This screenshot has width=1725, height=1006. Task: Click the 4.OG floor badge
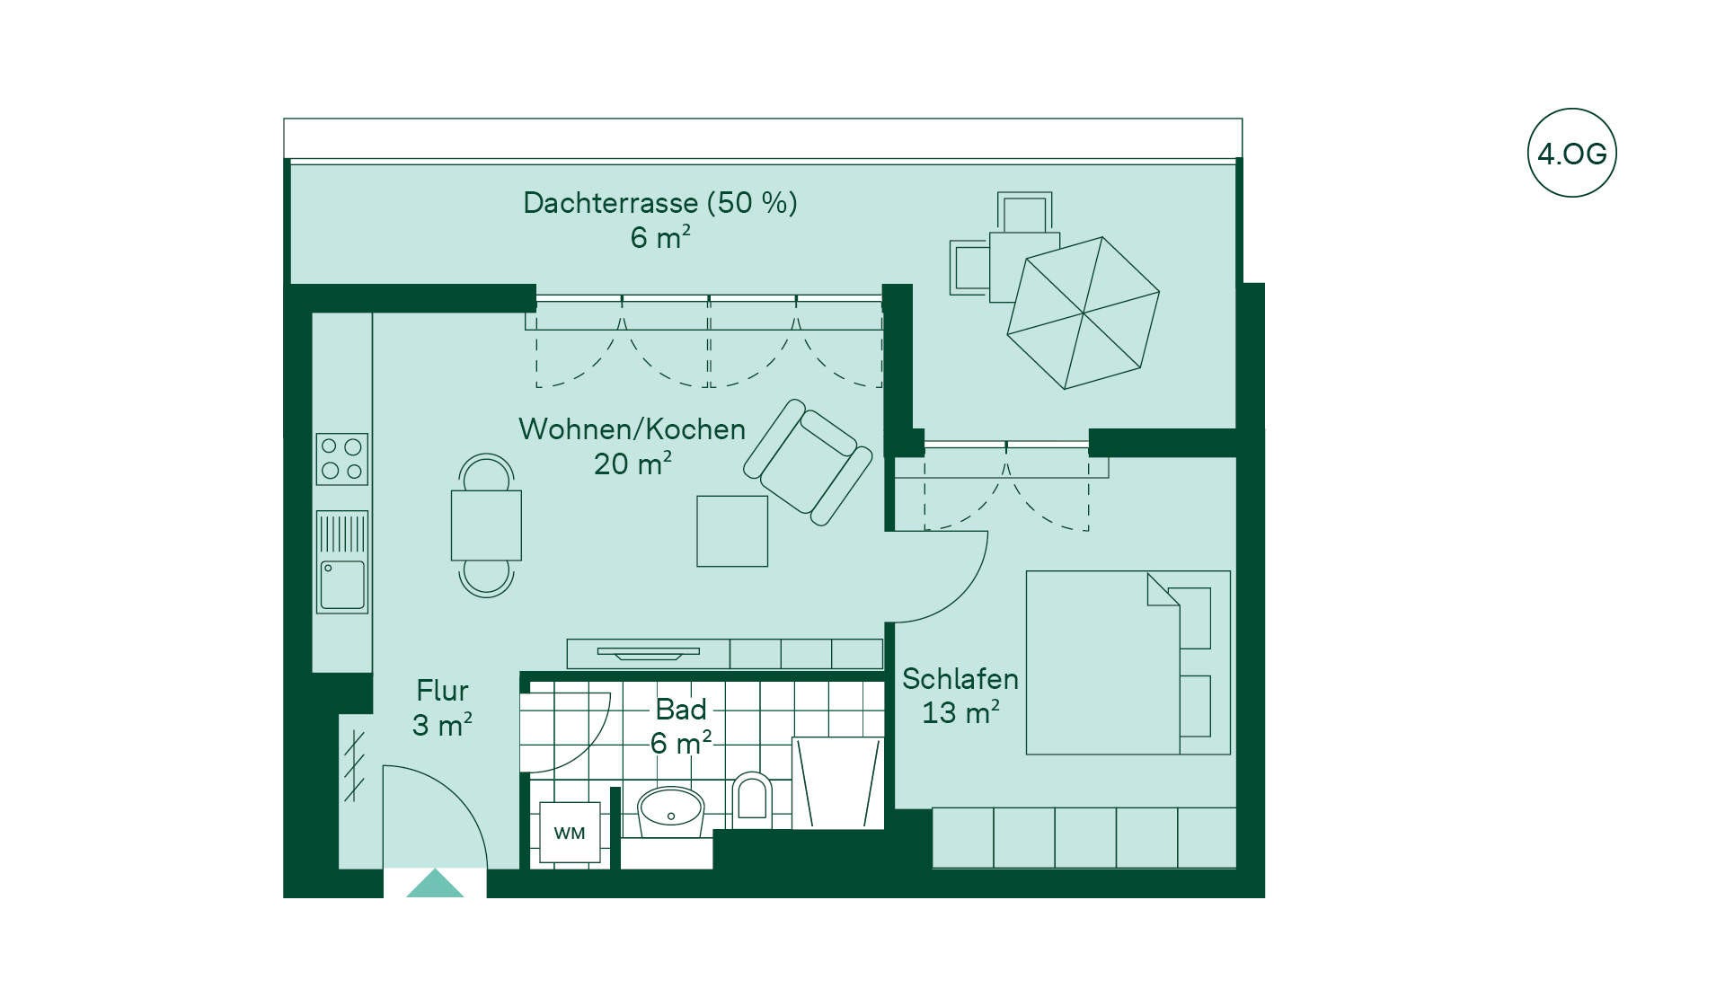tap(1571, 153)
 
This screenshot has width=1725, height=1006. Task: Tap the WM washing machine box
tap(570, 833)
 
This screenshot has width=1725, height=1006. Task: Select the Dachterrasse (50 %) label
tap(660, 203)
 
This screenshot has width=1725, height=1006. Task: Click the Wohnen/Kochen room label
tap(632, 429)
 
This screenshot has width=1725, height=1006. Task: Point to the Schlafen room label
tap(960, 679)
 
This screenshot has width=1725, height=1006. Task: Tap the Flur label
tap(442, 691)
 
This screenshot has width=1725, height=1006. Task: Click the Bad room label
tap(681, 710)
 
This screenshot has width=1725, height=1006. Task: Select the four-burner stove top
tap(342, 458)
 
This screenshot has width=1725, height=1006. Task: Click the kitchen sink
tap(342, 562)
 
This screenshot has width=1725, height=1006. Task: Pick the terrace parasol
tap(1084, 313)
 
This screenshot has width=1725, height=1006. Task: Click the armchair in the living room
tap(808, 462)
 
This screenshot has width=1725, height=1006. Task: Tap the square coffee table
tap(732, 531)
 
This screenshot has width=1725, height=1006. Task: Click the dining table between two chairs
tap(486, 525)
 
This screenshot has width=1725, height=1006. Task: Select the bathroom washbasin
tap(670, 812)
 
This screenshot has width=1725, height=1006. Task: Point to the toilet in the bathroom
tap(752, 799)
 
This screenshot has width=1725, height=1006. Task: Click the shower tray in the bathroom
tap(838, 782)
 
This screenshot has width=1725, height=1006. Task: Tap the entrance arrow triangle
tap(435, 883)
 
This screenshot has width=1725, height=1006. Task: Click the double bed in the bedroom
tap(1128, 662)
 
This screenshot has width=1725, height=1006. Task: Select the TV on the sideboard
tap(648, 652)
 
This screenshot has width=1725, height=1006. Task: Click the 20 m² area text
tap(632, 463)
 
